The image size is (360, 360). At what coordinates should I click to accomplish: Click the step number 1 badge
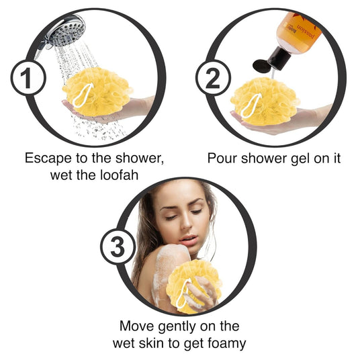(28, 78)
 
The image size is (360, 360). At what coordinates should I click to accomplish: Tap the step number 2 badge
(213, 78)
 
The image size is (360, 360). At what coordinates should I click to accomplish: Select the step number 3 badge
(118, 246)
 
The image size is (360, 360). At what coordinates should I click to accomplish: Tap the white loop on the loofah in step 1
(83, 95)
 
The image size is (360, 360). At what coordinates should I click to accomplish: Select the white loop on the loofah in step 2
(251, 105)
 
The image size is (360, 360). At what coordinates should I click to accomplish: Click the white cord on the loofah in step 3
(183, 294)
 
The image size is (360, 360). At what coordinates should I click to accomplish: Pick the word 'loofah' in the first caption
(120, 175)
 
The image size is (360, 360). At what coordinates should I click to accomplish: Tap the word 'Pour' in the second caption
(222, 159)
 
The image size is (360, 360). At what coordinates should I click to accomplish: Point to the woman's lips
(188, 240)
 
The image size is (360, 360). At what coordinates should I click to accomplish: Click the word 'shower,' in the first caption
(140, 159)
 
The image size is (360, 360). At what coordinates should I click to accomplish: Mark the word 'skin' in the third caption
(151, 343)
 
